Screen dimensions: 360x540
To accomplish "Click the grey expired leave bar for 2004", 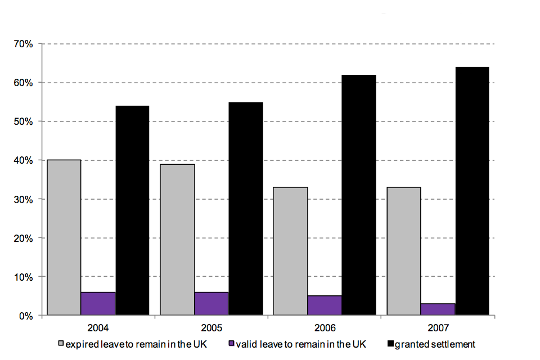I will click(x=64, y=237).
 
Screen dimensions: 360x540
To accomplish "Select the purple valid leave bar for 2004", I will click(x=98, y=304).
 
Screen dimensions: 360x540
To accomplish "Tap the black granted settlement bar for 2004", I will click(x=132, y=210).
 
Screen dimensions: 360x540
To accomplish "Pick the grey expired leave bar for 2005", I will click(x=177, y=240).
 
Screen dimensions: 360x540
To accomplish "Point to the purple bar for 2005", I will click(x=211, y=304).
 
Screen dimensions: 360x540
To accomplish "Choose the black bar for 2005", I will click(x=246, y=209).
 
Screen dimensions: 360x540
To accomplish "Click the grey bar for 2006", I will click(x=290, y=251).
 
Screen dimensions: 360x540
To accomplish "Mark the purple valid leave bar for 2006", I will click(x=325, y=305).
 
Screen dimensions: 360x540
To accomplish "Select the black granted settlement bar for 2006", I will click(x=359, y=195).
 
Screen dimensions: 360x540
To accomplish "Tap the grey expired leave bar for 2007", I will click(x=404, y=251).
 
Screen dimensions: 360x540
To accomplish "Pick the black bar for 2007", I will click(x=472, y=191).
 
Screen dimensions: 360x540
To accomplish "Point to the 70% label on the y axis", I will click(x=24, y=44).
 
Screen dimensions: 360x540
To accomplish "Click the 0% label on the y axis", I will click(x=26, y=316).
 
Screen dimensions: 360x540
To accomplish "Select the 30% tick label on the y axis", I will click(x=24, y=199).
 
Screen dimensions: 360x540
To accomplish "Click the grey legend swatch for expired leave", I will click(x=61, y=343).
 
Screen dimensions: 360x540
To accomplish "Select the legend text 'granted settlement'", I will click(x=435, y=343).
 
